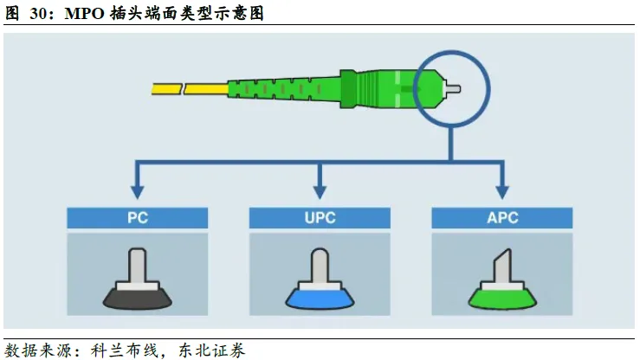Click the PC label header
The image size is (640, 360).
click(137, 217)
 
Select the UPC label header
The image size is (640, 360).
click(320, 217)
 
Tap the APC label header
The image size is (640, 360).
click(502, 217)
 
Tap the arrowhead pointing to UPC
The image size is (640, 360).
click(320, 189)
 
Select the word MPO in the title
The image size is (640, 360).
click(85, 13)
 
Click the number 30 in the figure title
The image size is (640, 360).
click(40, 13)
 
